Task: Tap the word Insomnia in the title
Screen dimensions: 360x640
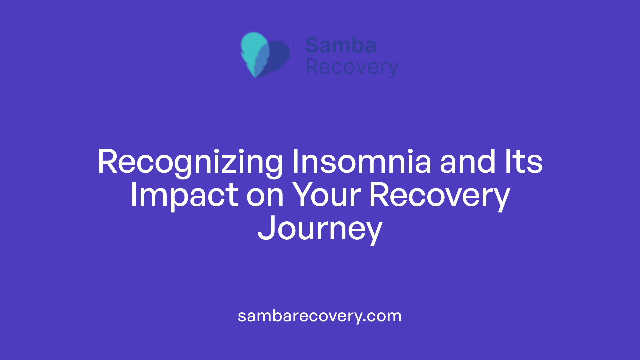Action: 362,162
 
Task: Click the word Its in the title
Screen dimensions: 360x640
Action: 524,162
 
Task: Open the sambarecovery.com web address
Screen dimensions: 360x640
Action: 319,316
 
